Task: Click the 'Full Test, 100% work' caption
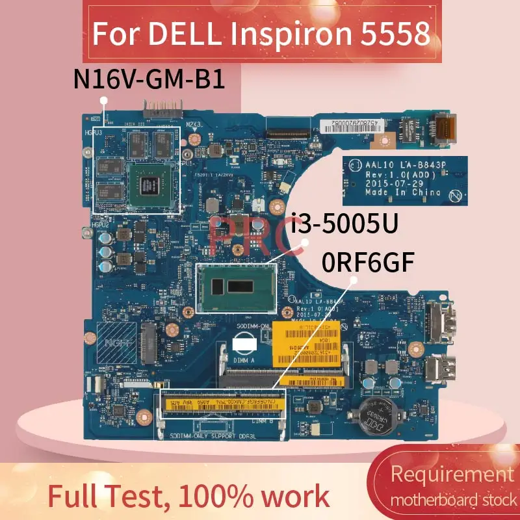click(x=188, y=497)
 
